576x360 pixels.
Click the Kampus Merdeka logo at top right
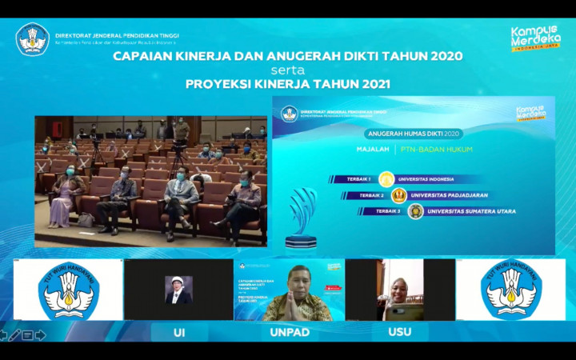[535, 38]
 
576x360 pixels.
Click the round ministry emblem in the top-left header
[33, 39]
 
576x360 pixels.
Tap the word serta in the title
[287, 70]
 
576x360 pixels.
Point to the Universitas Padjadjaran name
[450, 195]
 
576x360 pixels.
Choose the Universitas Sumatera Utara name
[471, 211]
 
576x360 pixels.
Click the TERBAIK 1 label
[354, 179]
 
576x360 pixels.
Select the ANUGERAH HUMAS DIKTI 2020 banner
[413, 134]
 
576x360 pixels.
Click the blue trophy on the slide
[302, 217]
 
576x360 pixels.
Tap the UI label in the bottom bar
[178, 331]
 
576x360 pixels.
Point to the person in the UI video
[178, 290]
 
